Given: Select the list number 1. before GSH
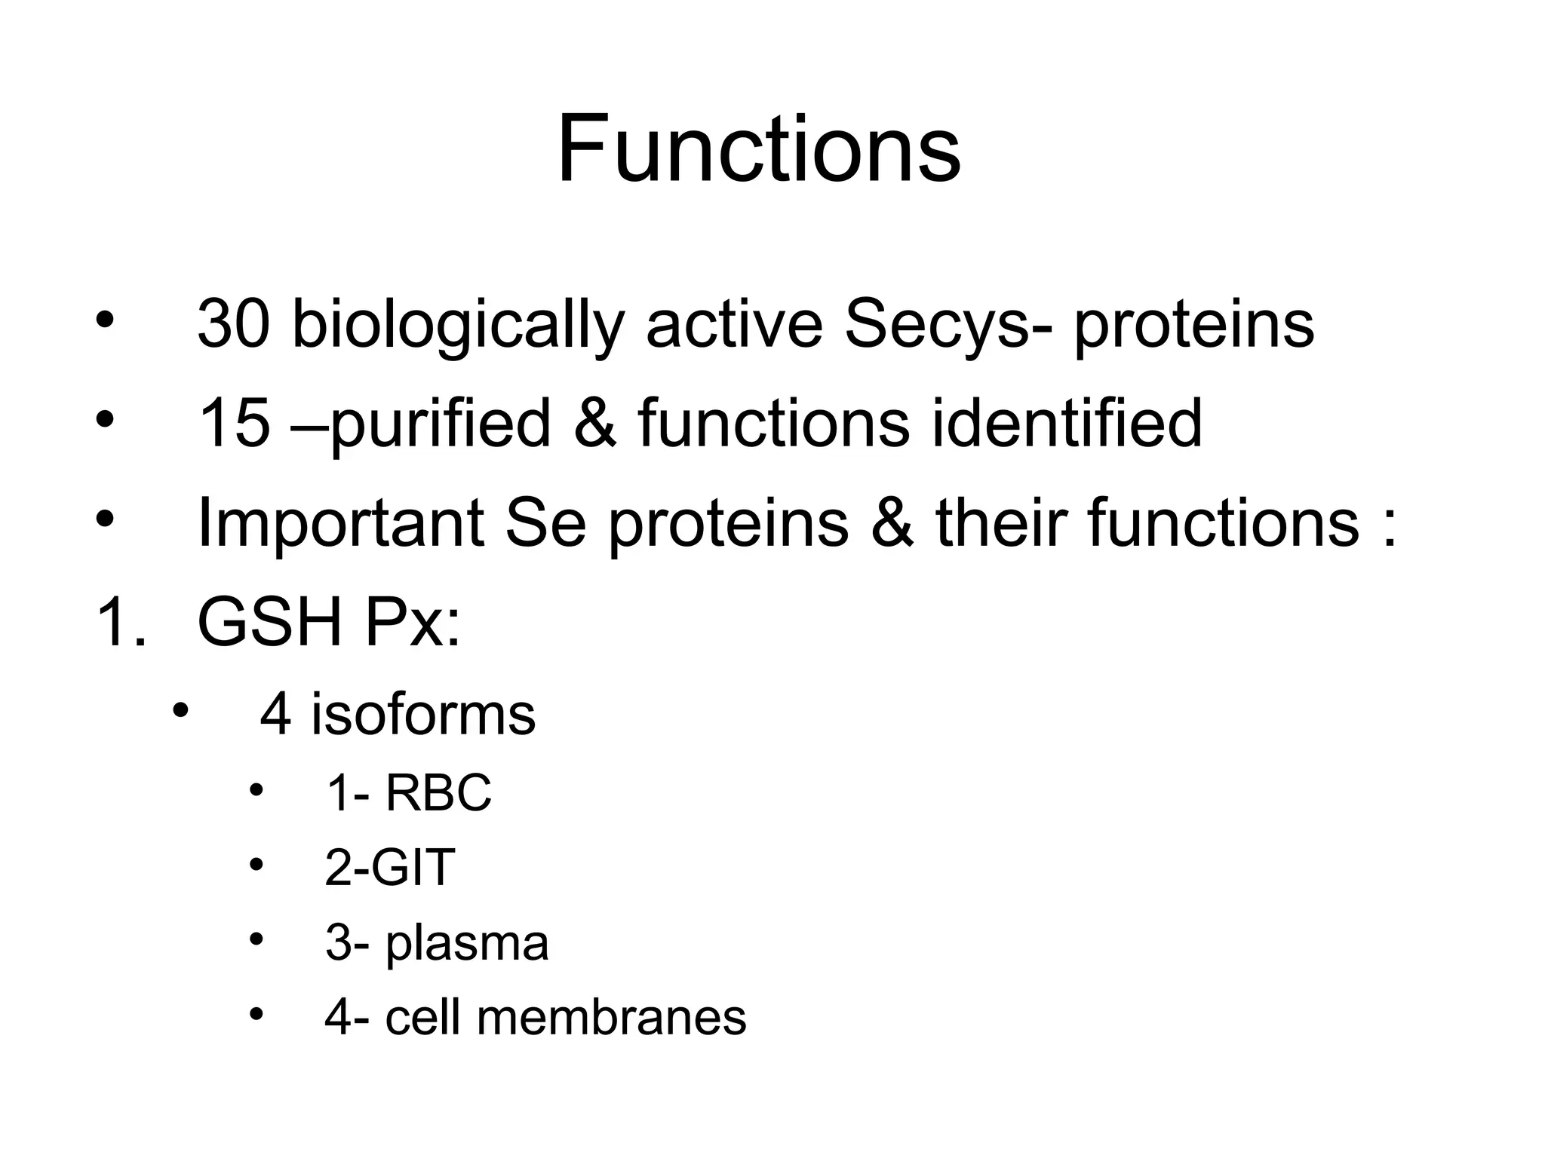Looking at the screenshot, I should point(121,623).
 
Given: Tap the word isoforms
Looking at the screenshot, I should point(423,715).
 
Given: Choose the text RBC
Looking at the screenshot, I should point(438,793).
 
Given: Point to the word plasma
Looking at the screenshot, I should point(467,945).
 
